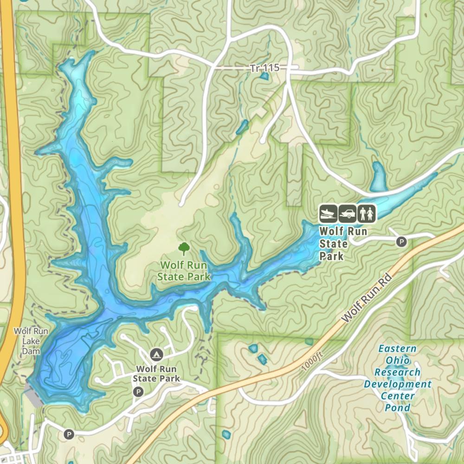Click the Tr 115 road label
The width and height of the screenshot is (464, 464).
coord(264,68)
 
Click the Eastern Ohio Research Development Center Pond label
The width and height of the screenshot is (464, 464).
coord(398,378)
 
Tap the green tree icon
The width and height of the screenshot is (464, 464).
coord(184,249)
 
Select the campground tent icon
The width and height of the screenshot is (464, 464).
coord(156,355)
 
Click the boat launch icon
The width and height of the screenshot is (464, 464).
coord(328,213)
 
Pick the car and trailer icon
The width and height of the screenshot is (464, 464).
coord(348,213)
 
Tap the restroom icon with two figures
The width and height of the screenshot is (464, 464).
coord(367,213)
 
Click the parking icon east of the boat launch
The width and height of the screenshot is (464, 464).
coord(401,241)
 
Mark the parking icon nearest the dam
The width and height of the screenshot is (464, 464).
coord(69,434)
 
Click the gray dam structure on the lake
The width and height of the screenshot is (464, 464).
coord(34,396)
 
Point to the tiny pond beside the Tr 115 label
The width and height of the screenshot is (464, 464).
coord(264,76)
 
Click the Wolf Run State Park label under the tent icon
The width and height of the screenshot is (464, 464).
coord(156,374)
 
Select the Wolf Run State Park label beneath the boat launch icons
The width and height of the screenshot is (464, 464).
coord(337,243)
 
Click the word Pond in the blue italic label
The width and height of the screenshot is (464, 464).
coord(398,408)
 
